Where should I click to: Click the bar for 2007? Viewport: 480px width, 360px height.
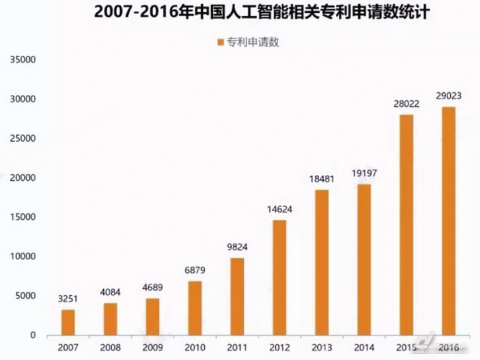pyautogui.click(x=68, y=322)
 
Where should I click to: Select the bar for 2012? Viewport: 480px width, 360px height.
pyautogui.click(x=279, y=278)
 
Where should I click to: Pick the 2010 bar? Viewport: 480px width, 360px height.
pyautogui.click(x=195, y=308)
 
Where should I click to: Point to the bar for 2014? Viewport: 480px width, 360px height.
pyautogui.click(x=363, y=260)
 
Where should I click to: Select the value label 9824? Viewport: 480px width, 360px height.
pyautogui.click(x=237, y=247)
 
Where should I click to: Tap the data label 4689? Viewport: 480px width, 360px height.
pyautogui.click(x=153, y=288)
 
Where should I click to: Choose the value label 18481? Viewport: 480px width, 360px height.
pyautogui.click(x=321, y=179)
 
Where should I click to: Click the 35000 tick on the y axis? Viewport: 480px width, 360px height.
pyautogui.click(x=23, y=60)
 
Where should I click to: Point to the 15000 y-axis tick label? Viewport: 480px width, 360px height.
pyautogui.click(x=23, y=217)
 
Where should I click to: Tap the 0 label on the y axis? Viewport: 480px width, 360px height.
pyautogui.click(x=33, y=335)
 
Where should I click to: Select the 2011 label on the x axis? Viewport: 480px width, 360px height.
pyautogui.click(x=237, y=348)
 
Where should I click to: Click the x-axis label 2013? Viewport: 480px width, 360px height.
pyautogui.click(x=321, y=348)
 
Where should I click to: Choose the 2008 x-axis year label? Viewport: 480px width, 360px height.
pyautogui.click(x=110, y=348)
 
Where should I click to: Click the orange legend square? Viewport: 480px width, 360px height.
pyautogui.click(x=220, y=42)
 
